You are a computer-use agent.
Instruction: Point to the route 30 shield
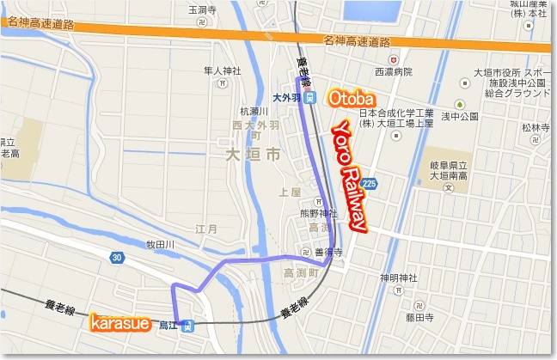pos(117,257)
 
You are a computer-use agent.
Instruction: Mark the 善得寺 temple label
pos(329,253)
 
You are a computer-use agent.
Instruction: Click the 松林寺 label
pos(534,126)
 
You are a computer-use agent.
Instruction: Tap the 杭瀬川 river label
pos(255,112)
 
